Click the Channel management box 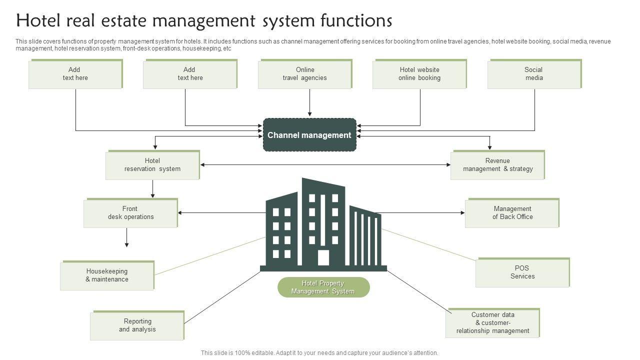309,135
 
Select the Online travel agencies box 304,74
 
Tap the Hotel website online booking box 419,74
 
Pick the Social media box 533,74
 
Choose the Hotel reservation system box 152,165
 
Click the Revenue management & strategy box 497,165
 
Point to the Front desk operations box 130,213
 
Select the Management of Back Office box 512,213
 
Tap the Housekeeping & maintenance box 107,275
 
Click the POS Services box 522,272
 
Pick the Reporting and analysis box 137,325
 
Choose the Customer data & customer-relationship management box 492,323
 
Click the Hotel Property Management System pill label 323,287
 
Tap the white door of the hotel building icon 323,257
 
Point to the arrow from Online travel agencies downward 309,103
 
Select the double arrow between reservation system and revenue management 325,165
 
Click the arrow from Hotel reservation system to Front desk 152,188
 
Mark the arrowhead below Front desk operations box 126,244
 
